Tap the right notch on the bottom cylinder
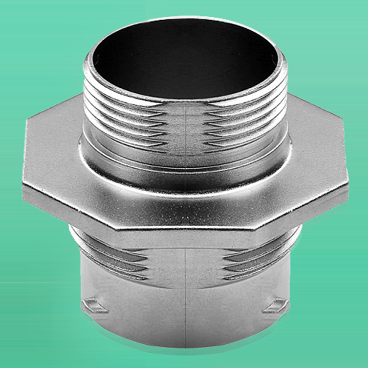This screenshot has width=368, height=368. tap(275, 306)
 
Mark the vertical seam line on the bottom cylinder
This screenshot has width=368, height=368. tap(185, 294)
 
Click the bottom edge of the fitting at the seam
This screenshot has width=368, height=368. tap(185, 346)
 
